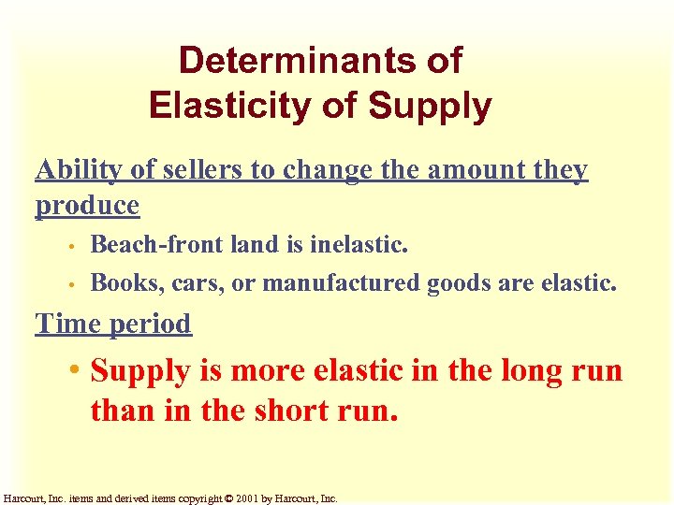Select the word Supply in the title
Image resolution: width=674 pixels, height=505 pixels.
[x=430, y=108]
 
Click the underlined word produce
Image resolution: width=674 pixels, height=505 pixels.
[x=87, y=205]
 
